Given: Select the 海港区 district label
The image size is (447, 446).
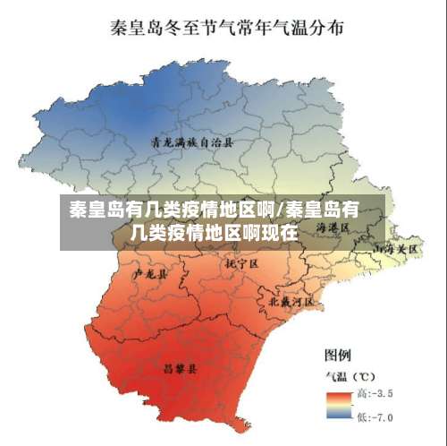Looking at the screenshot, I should click(333, 229).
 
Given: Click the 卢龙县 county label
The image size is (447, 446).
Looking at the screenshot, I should click(149, 275).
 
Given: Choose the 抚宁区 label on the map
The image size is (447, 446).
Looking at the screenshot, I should click(241, 264).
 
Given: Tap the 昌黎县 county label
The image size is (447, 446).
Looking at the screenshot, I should click(180, 367).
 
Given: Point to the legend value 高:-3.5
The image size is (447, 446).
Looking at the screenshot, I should click(374, 393).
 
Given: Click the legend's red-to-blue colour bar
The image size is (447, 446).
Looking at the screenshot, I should click(339, 406).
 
